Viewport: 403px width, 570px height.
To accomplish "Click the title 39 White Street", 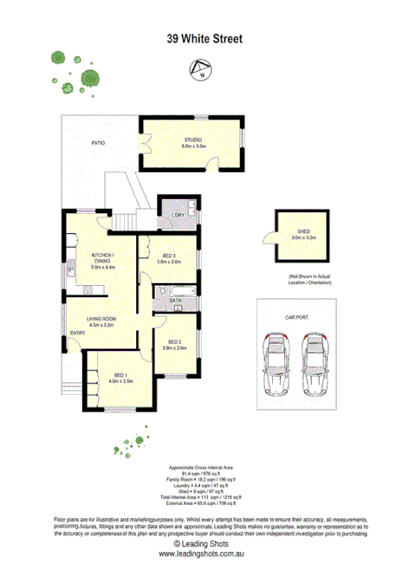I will tap(205, 39).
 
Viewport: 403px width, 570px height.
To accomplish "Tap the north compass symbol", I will tap(201, 70).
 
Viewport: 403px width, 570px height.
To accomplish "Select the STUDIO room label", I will tap(192, 140).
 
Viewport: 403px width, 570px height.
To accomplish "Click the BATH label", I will tap(174, 301).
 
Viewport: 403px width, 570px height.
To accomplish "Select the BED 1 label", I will tap(120, 374).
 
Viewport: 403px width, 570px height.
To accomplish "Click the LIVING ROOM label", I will tap(102, 319).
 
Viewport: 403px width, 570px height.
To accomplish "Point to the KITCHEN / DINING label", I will tap(102, 258).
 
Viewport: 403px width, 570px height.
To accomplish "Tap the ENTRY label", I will tap(77, 334).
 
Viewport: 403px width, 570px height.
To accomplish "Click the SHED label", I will tap(303, 232).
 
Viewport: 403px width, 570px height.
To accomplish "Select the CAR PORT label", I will tap(297, 318).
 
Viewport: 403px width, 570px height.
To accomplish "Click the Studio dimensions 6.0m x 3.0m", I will tap(192, 146).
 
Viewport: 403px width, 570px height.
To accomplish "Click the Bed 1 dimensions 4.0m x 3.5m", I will tap(120, 380).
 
